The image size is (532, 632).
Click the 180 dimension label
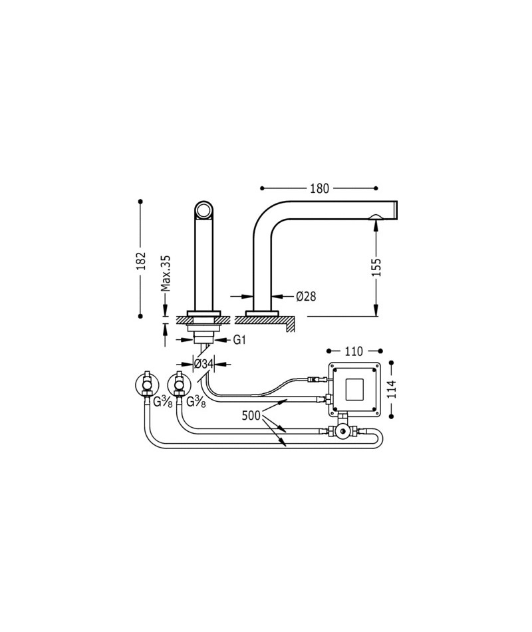tap(319, 188)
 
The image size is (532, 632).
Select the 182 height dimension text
tap(140, 261)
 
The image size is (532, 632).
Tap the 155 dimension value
tap(376, 266)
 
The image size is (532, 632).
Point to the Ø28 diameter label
tap(306, 297)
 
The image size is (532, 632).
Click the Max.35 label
tap(166, 273)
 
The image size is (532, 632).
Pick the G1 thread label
tap(239, 340)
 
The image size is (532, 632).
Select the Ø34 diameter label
tap(203, 364)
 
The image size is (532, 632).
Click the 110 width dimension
tap(354, 351)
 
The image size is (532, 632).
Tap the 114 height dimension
tap(392, 389)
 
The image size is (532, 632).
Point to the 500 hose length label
tap(251, 416)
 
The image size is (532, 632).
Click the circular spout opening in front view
tap(204, 210)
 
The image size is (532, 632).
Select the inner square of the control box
tap(354, 389)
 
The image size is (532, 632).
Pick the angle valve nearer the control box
tap(178, 385)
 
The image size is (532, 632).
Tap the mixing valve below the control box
tap(342, 431)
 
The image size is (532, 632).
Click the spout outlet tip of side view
tap(396, 210)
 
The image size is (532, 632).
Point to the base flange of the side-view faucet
tap(263, 313)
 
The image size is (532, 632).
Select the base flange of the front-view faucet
tap(204, 313)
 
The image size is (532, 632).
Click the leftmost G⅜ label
tap(163, 402)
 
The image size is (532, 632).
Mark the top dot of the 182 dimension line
tap(140, 201)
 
